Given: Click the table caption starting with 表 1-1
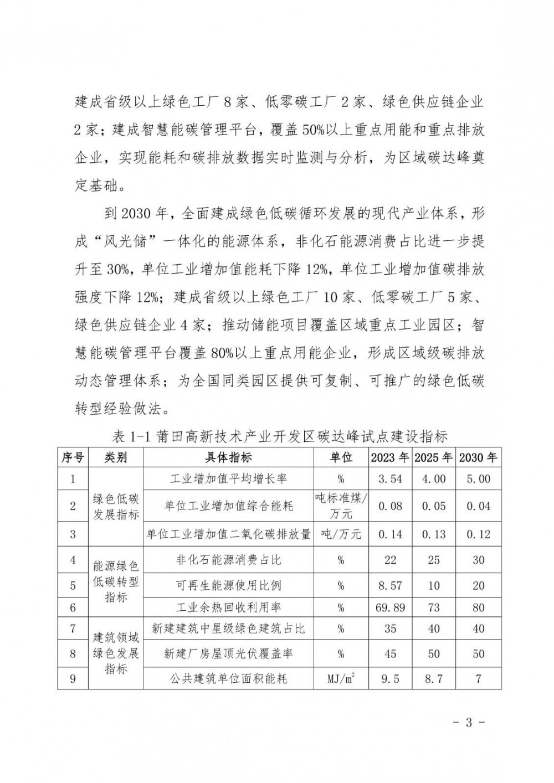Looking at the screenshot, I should (280, 436).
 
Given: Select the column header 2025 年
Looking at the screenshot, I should (433, 457).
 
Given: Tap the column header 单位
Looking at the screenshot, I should (341, 457).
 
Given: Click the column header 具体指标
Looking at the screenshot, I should (228, 457).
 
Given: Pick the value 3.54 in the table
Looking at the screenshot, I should (390, 478).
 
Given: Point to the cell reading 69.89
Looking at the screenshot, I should (390, 607).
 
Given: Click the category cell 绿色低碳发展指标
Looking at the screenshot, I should (116, 506).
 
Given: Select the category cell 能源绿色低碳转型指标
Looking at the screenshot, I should (116, 582).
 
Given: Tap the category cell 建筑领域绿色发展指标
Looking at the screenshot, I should (116, 653).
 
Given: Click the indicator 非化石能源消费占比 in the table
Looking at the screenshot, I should (228, 560).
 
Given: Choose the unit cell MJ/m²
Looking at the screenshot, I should (341, 678).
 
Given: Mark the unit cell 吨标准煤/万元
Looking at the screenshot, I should (341, 506).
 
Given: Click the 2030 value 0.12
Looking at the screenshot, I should (478, 534).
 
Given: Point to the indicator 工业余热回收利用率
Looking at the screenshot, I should (228, 607).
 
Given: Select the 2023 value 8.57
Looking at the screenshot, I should (390, 585).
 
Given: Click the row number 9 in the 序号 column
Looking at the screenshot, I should (73, 678).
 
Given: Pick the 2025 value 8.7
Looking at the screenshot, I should (433, 678).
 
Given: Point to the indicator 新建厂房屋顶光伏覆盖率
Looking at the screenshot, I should (228, 653).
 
